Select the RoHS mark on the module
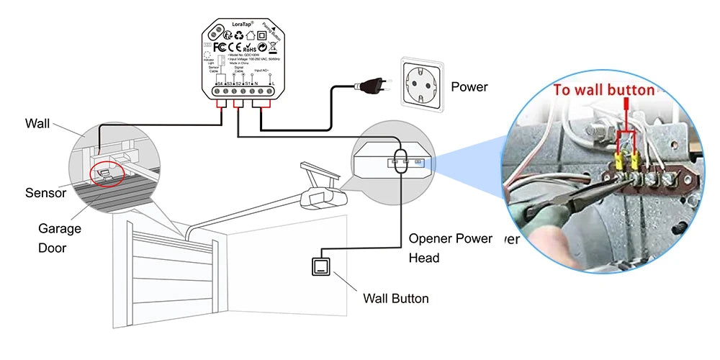pyautogui.click(x=249, y=48)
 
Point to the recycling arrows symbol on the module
pyautogui.click(x=264, y=48)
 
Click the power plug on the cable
pyautogui.click(x=369, y=86)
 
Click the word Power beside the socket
pyautogui.click(x=469, y=87)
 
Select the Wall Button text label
pyautogui.click(x=395, y=298)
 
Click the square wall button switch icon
pyautogui.click(x=321, y=267)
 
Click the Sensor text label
pyautogui.click(x=46, y=193)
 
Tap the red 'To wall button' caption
pyautogui.click(x=603, y=90)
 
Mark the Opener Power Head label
pyautogui.click(x=451, y=248)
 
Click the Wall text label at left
pyautogui.click(x=37, y=124)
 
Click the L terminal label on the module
pyautogui.click(x=271, y=84)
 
